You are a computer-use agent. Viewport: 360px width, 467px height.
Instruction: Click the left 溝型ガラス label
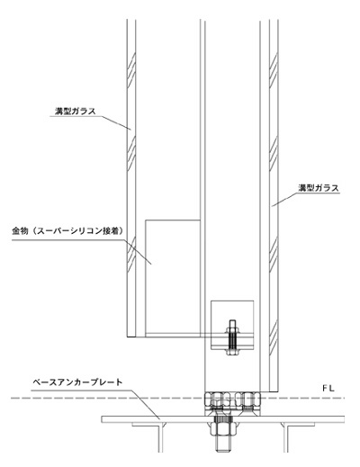(76, 112)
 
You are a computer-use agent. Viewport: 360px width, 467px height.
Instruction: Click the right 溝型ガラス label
(319, 188)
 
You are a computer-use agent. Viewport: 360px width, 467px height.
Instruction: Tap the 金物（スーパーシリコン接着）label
(67, 230)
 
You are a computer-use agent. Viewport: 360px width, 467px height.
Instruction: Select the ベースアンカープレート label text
(77, 382)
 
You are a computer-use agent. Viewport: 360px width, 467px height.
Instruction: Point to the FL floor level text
(328, 389)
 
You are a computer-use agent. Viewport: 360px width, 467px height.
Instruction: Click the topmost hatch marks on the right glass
(274, 70)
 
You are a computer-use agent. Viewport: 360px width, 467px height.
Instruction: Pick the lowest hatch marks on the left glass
(131, 255)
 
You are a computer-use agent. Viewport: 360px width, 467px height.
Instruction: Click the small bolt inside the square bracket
(232, 337)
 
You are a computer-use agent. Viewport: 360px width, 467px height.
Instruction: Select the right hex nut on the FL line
(248, 400)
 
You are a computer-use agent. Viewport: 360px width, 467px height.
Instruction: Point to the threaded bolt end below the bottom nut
(223, 445)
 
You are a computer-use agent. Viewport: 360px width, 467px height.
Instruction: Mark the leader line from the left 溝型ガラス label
(114, 122)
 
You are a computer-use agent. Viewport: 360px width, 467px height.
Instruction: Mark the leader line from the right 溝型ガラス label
(284, 200)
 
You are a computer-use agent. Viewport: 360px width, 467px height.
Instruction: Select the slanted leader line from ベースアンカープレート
(146, 404)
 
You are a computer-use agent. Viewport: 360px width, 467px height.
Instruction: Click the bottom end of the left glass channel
(131, 337)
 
